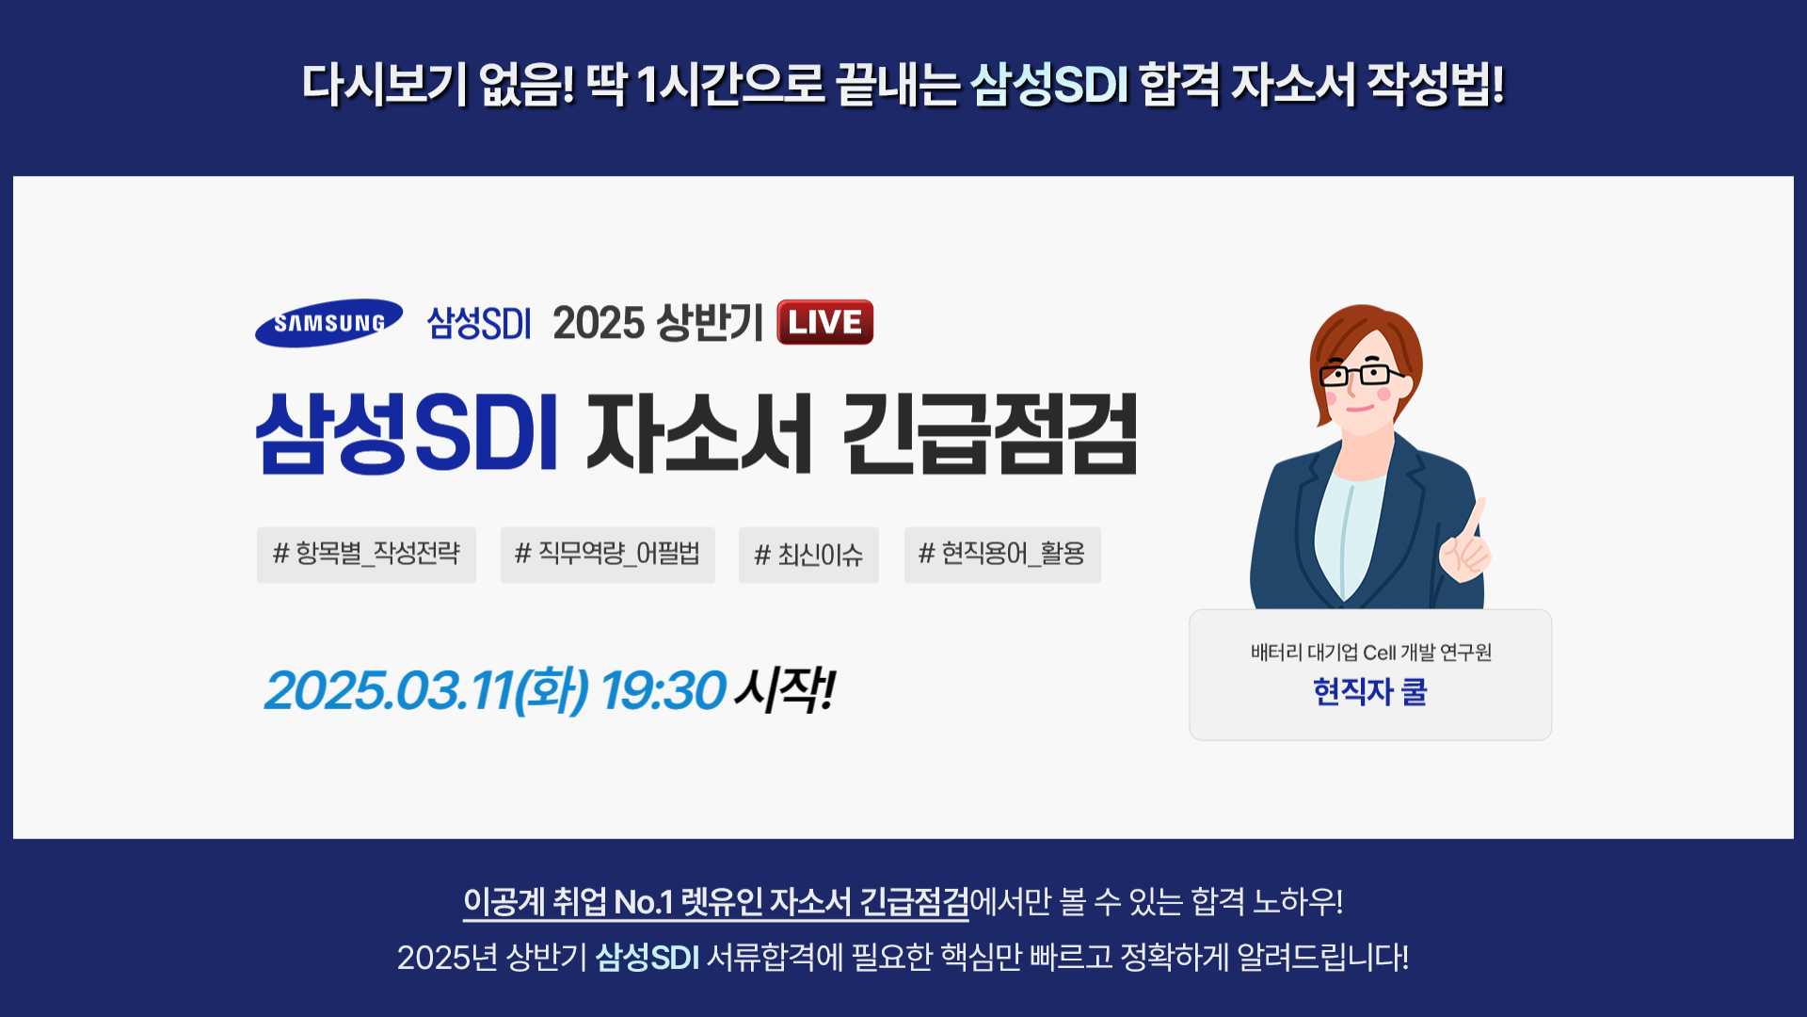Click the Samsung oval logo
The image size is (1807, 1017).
point(328,323)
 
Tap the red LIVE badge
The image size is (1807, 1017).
point(825,322)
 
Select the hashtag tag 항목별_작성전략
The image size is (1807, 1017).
point(366,555)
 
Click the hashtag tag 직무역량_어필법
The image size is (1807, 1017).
point(607,555)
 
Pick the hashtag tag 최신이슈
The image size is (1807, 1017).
point(808,555)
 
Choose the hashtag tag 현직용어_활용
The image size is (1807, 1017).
point(1002,555)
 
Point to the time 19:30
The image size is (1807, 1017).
point(664,690)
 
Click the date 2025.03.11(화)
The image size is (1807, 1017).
point(427,690)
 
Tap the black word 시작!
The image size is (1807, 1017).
point(785,690)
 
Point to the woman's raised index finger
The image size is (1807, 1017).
point(1476,519)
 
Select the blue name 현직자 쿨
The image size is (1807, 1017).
point(1370,692)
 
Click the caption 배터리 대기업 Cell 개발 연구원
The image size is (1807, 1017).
point(1371,653)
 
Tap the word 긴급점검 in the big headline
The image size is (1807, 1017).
point(990,434)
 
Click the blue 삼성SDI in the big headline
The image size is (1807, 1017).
point(408,434)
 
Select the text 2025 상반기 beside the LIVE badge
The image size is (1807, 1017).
point(658,323)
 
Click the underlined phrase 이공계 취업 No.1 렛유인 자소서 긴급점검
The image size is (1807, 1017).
point(715,902)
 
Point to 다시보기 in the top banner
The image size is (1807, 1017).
point(384,85)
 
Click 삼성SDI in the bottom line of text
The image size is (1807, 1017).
point(648,958)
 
